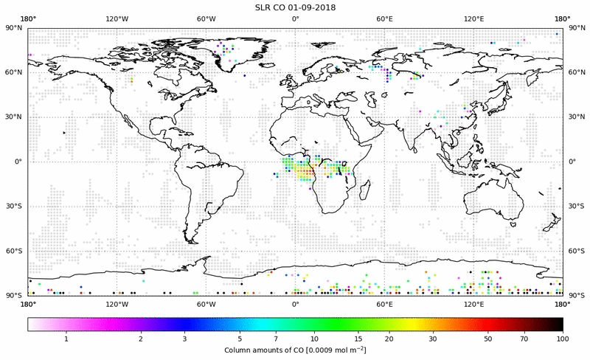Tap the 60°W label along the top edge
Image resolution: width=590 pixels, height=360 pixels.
point(206,18)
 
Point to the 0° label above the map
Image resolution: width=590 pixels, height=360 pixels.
point(295,18)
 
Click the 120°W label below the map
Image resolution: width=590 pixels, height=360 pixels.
point(117,303)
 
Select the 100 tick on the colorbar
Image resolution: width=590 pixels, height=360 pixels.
point(563,339)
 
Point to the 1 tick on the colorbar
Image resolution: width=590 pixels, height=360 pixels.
point(66,339)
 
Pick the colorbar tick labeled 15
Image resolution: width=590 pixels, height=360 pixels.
point(356,339)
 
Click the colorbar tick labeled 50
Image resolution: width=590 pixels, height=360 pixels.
point(487,339)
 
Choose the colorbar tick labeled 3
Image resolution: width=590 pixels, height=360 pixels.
point(185,339)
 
